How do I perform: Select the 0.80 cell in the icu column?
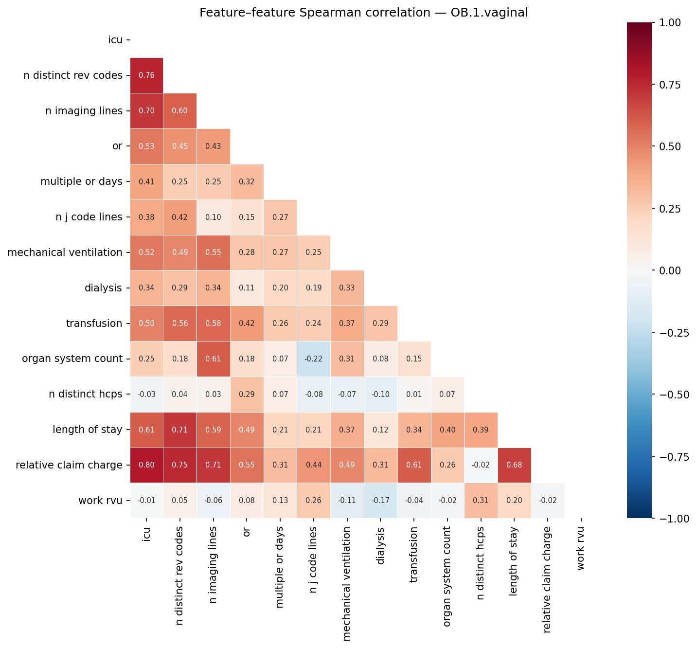tap(146, 465)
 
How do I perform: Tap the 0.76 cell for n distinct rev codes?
tap(146, 75)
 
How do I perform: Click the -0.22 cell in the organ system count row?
tap(313, 359)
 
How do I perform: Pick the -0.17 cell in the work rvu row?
tap(380, 501)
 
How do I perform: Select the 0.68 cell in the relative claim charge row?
tap(514, 465)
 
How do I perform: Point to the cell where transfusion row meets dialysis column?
tap(380, 324)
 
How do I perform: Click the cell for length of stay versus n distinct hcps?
tap(481, 430)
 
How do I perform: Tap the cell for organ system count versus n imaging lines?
tap(213, 359)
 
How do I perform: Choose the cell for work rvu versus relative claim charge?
tap(548, 501)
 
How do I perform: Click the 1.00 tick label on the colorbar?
tap(670, 22)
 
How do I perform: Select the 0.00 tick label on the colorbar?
tap(670, 270)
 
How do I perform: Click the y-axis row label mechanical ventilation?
tap(65, 252)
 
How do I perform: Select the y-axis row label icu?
tap(115, 40)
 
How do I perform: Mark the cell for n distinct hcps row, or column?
tap(247, 394)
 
